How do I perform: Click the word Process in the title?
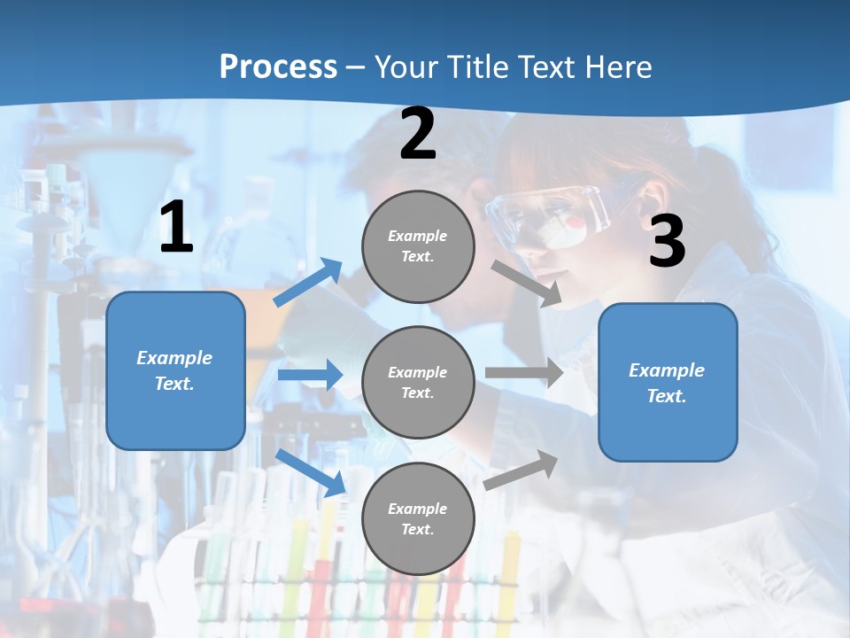pos(278,66)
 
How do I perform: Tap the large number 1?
pos(176,228)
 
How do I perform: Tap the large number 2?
pos(418,134)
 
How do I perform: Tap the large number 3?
pos(667,242)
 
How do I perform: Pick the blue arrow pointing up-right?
pos(308,283)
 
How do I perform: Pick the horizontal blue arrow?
pos(309,375)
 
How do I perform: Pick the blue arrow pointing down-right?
pos(311,472)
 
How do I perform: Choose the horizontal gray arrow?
pos(524,372)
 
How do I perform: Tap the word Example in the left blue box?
pos(174,358)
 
